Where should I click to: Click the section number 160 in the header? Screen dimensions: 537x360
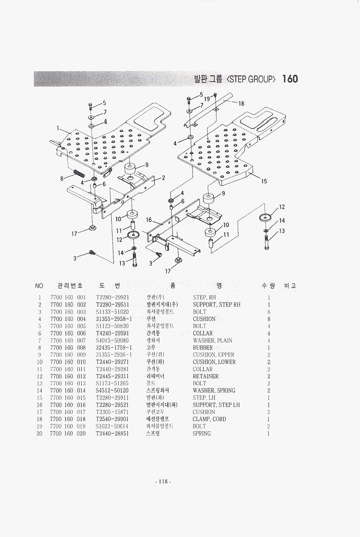(x=290, y=79)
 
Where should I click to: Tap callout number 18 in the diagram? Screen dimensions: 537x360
(x=241, y=103)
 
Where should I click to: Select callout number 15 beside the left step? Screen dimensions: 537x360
(x=264, y=181)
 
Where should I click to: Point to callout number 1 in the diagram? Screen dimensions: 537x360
(x=59, y=128)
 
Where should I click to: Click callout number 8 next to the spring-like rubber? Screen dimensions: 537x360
(x=61, y=178)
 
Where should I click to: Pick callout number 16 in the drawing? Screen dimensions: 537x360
(x=149, y=220)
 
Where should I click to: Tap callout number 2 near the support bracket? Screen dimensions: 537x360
(x=163, y=177)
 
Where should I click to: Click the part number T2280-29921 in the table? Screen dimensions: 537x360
(x=112, y=297)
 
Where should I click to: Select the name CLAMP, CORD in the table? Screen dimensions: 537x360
(x=209, y=419)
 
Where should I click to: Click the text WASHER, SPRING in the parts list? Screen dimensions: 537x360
(x=214, y=391)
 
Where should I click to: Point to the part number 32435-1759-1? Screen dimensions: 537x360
(x=114, y=348)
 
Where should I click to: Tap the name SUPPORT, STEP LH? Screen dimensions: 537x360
(x=216, y=405)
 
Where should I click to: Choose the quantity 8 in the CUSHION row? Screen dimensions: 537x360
(x=269, y=319)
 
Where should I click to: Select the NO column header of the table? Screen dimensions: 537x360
(x=39, y=286)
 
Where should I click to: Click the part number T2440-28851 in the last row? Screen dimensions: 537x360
(x=112, y=434)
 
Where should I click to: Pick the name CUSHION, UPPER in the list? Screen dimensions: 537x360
(x=213, y=355)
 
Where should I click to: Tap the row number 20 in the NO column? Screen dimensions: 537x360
(x=40, y=434)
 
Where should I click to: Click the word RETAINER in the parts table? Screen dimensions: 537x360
(x=205, y=376)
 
